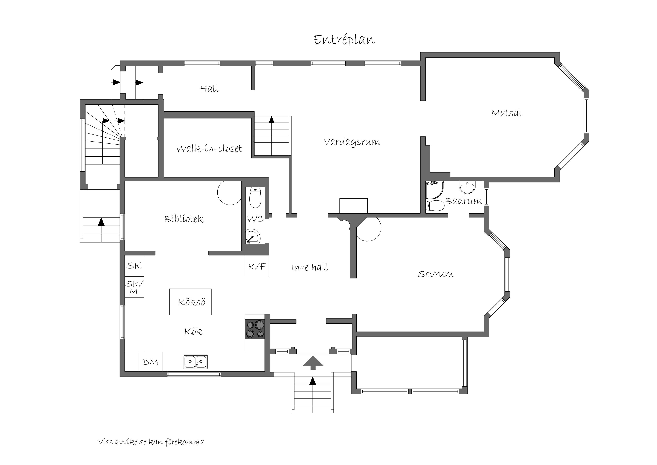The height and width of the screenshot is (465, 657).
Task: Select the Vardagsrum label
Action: (x=352, y=142)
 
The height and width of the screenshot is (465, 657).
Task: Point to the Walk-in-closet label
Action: (x=209, y=148)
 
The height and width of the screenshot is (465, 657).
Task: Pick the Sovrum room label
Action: (x=435, y=274)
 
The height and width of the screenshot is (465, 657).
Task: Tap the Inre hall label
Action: (x=310, y=267)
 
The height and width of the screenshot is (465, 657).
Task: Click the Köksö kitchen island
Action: (x=190, y=302)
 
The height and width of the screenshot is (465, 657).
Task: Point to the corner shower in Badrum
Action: (x=434, y=190)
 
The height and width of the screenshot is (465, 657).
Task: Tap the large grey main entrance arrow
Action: (x=313, y=363)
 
